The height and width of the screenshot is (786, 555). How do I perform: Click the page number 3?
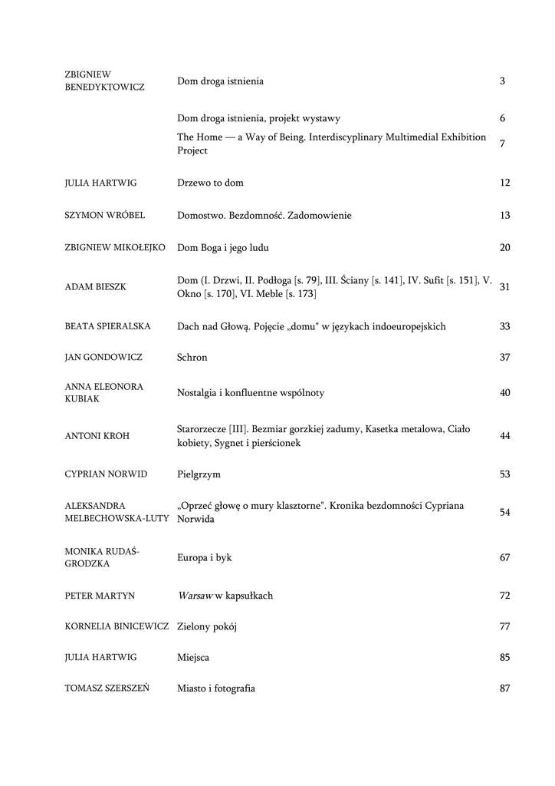coord(502,81)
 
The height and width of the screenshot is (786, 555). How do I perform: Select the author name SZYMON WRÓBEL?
coord(105,216)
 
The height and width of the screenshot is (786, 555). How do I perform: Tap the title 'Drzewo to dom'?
coord(210,183)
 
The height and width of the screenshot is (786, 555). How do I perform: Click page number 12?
coord(504,183)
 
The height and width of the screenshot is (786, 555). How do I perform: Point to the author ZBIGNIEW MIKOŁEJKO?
coord(115,248)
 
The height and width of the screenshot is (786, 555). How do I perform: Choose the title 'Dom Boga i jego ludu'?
coord(223,248)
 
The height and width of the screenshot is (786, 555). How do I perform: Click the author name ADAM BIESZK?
coord(96,287)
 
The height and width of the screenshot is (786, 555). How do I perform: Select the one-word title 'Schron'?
coord(192,358)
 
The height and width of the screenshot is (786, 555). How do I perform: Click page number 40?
coord(504,393)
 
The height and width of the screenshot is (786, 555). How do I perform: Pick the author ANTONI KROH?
coord(97,436)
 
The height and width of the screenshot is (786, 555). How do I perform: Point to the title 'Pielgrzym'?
coord(199,474)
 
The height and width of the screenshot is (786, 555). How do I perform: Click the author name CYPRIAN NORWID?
coord(106,474)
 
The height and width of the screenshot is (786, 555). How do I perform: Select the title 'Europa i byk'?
coord(204,558)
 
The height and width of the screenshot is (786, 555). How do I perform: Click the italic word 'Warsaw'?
coord(195,596)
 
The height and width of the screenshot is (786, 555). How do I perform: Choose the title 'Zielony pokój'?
coord(207,627)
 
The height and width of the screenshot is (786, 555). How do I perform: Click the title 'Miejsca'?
coord(193,658)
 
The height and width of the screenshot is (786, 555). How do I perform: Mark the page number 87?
coord(504,689)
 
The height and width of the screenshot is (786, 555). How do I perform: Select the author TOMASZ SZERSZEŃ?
coord(107,689)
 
